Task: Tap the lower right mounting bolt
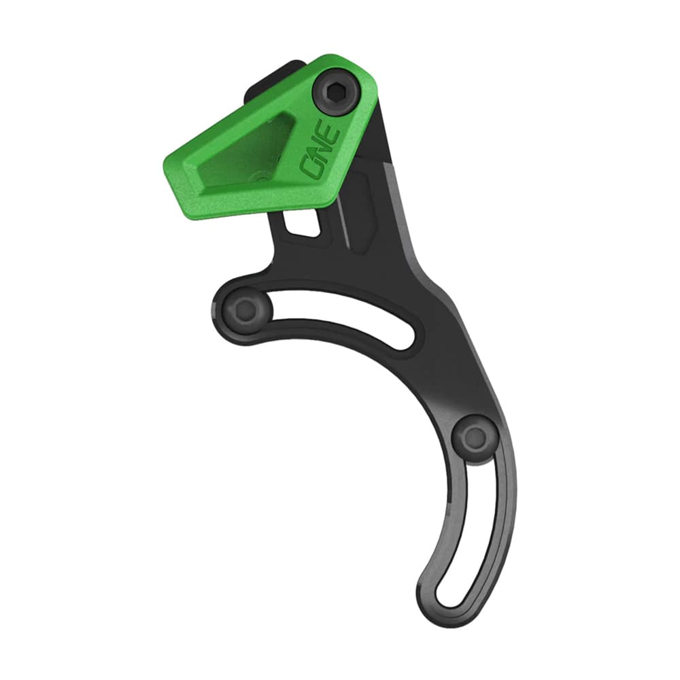tap(472, 439)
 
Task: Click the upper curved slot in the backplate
tap(340, 320)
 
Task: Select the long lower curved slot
tap(476, 530)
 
